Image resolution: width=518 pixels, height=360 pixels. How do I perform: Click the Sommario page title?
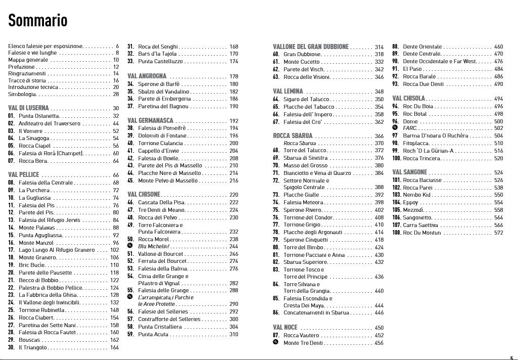(x=38, y=21)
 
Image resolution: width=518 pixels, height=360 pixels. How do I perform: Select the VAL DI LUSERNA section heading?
(x=28, y=108)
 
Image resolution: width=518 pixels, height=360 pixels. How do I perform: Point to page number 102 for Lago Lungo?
(x=115, y=250)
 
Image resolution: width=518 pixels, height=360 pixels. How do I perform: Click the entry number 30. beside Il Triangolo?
(x=12, y=347)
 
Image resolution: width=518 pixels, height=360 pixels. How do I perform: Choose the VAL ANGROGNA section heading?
(x=147, y=76)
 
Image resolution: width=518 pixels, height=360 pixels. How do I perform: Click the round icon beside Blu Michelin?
(x=130, y=246)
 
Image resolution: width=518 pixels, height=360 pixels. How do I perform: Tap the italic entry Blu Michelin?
(x=155, y=246)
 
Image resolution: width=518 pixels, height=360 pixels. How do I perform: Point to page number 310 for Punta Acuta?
(x=233, y=334)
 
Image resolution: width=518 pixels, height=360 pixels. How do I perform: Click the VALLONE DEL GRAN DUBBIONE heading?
(x=311, y=47)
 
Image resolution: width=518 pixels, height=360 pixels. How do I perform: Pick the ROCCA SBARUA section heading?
(x=293, y=136)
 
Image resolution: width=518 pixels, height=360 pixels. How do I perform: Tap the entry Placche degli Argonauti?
(x=313, y=232)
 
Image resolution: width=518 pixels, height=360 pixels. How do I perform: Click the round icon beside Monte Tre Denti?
(x=275, y=343)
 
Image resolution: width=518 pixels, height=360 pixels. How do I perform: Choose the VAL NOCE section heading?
(x=285, y=328)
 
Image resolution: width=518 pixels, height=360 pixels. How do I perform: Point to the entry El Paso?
(x=412, y=69)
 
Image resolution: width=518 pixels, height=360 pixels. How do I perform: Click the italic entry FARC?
(x=410, y=128)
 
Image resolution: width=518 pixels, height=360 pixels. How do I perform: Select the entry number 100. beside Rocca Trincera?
(x=397, y=158)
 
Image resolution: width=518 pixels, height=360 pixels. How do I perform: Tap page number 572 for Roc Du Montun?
(x=499, y=233)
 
